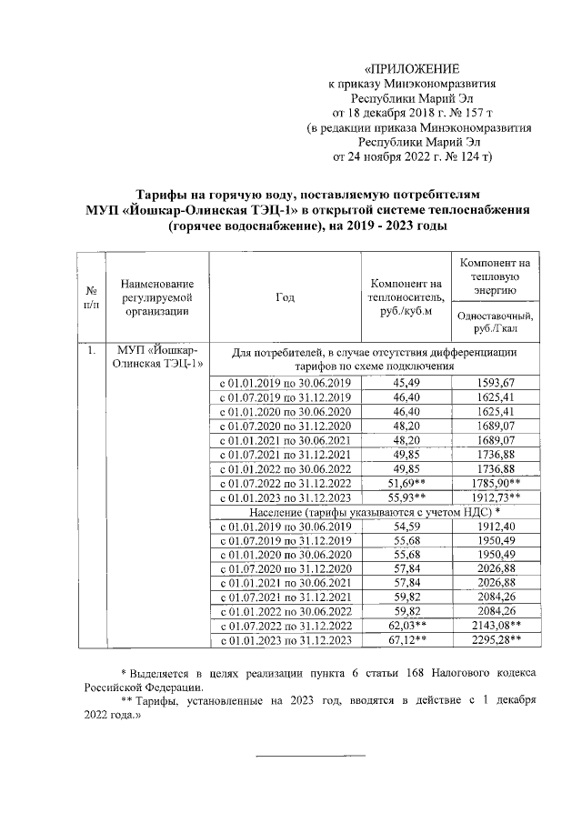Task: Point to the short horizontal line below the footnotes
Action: pyautogui.click(x=309, y=755)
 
